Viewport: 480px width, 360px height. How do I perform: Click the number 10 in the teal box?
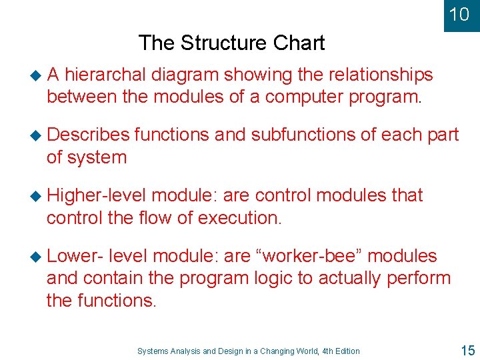pos(459,14)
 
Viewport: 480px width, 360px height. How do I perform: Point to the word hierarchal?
pos(106,75)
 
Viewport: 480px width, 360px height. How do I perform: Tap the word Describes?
pos(89,135)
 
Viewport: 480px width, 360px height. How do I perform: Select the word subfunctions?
pos(305,135)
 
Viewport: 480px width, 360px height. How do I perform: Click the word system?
pos(96,158)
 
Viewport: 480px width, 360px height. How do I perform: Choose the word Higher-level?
pos(97,195)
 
